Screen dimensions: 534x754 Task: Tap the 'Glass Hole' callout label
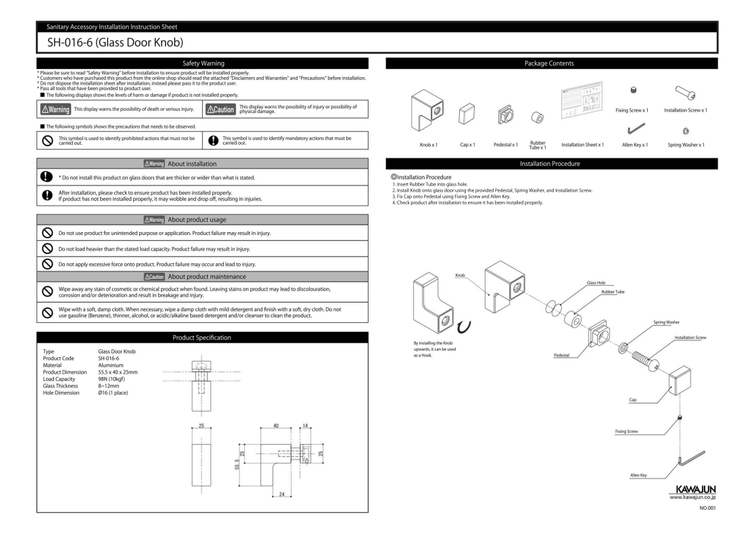[x=587, y=282]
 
